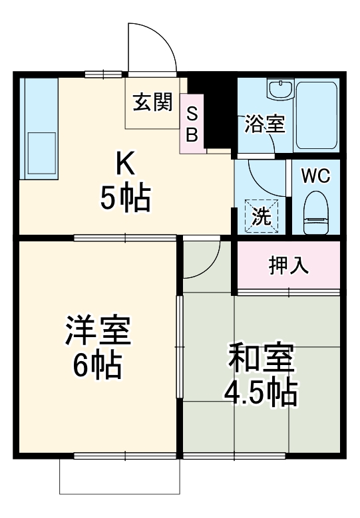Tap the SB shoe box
[192, 124]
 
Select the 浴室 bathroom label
[265, 124]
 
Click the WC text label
[315, 176]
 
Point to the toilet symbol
[315, 212]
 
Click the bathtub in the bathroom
[317, 114]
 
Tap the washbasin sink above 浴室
[280, 89]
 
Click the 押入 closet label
[287, 265]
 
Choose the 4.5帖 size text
[260, 394]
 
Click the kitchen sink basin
[41, 154]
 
